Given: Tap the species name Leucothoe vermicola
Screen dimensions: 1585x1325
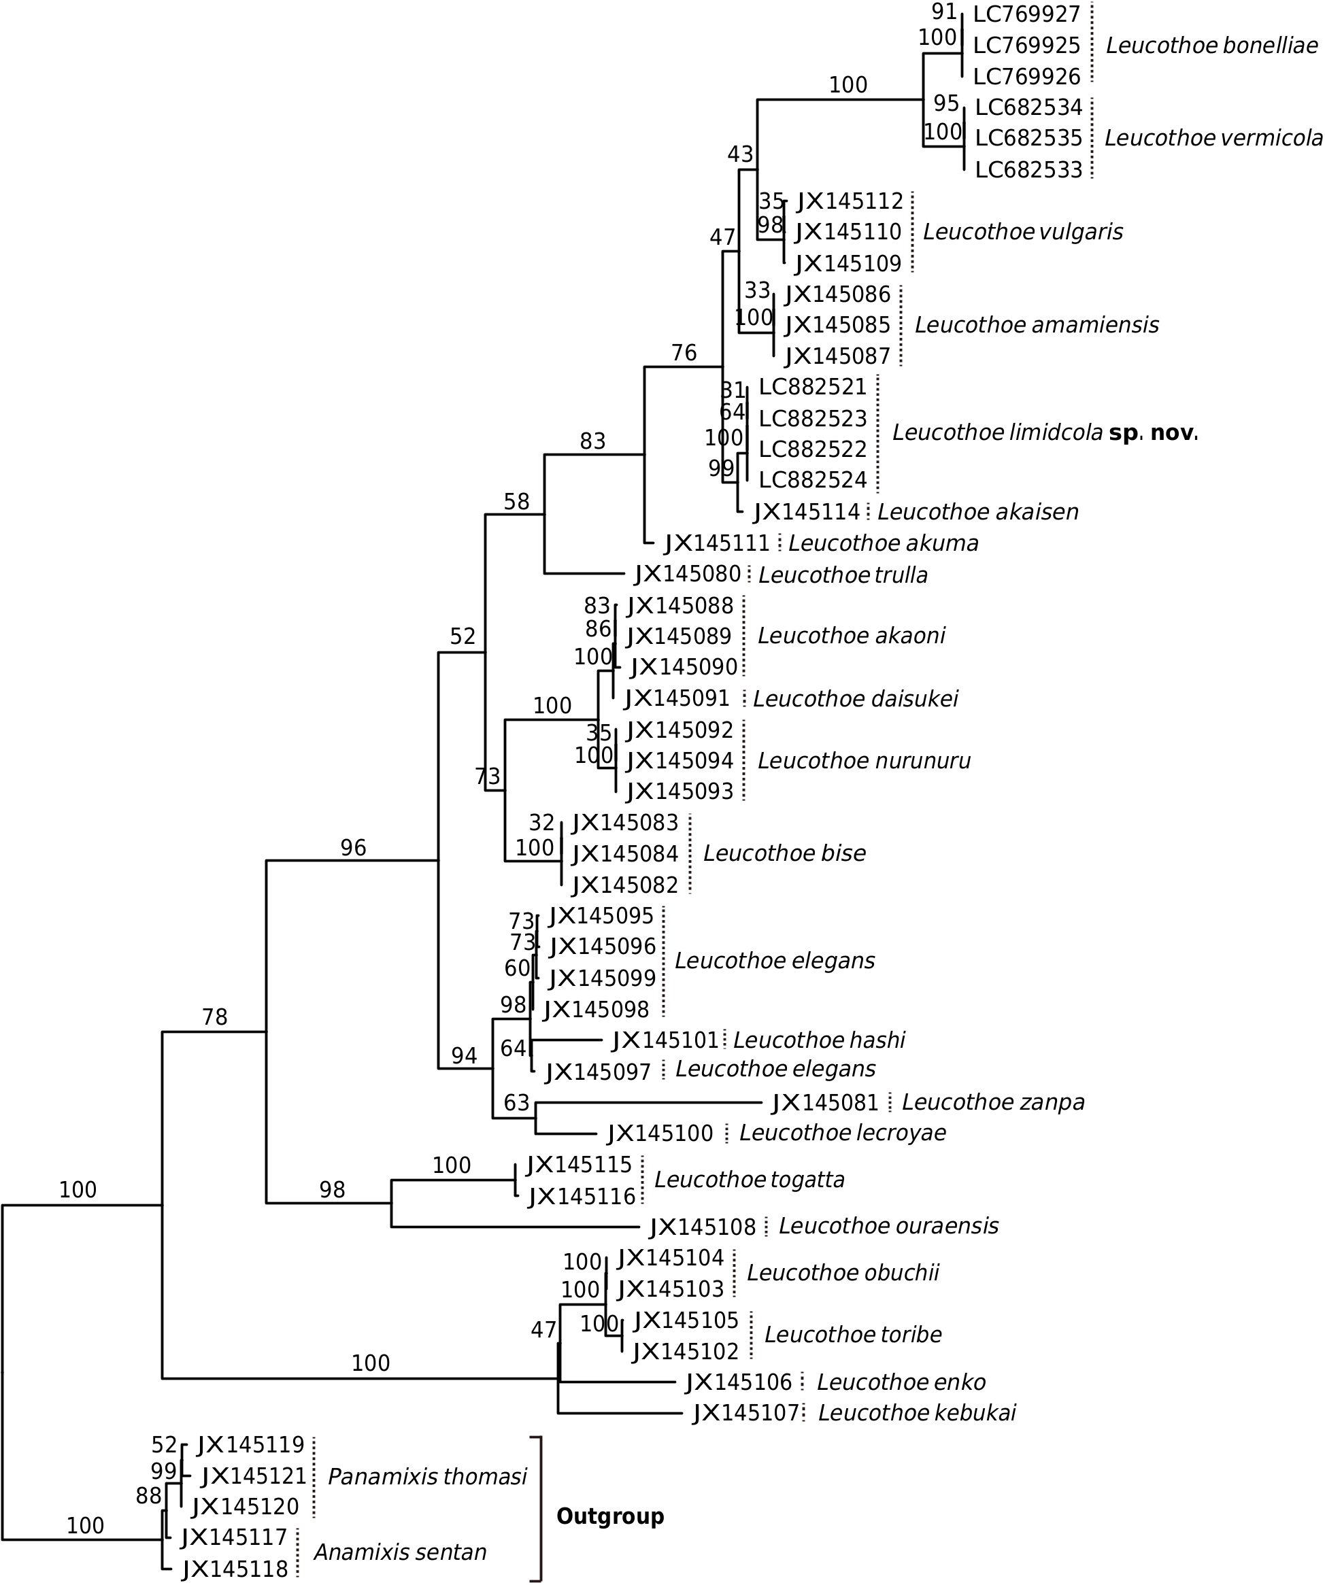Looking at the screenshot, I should coord(1213,138).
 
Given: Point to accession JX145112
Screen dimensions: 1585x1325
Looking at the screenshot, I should coord(850,201).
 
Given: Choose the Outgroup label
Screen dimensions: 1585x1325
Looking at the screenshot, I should coord(610,1516).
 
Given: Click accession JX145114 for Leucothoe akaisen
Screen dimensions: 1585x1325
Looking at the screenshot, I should coord(807,513).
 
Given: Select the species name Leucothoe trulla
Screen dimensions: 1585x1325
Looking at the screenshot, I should coord(843,575).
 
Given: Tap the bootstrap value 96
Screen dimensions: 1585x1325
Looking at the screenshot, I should coord(352,849).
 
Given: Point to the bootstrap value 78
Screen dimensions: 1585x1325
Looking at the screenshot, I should coord(214,1018).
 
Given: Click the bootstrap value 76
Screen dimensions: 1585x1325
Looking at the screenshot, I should coord(684,353).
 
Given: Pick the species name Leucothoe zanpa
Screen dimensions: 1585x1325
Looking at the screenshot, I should coord(993,1102).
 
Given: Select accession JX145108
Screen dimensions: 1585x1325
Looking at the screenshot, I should coord(702,1227).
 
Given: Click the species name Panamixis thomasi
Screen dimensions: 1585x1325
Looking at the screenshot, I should coord(427,1477).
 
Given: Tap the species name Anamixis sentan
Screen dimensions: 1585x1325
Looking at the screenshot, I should coord(399,1552).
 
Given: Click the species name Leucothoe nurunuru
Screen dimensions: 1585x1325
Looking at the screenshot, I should coord(864,761).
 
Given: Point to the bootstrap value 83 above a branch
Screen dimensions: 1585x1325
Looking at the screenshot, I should coord(592,441).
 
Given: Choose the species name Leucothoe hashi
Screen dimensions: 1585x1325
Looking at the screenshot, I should coord(819,1040).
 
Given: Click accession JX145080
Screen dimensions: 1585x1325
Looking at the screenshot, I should coord(688,575).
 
